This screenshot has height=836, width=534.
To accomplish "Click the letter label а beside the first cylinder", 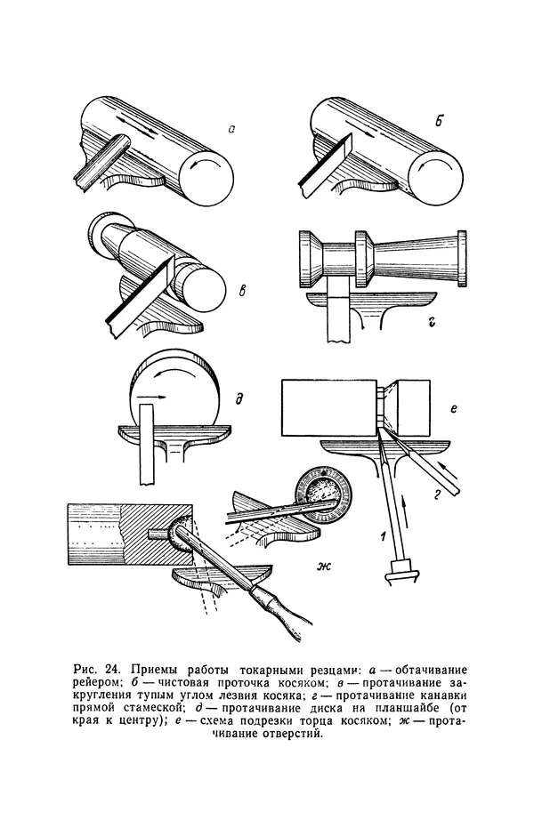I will pos(231,130).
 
